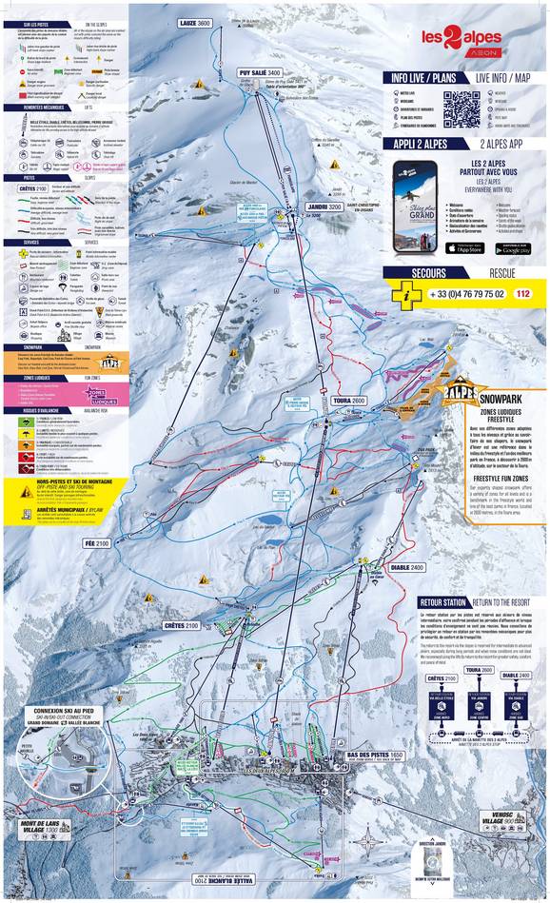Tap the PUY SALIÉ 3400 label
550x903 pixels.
261,72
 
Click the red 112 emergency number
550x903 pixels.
522,294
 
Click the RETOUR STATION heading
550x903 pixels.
443,602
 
